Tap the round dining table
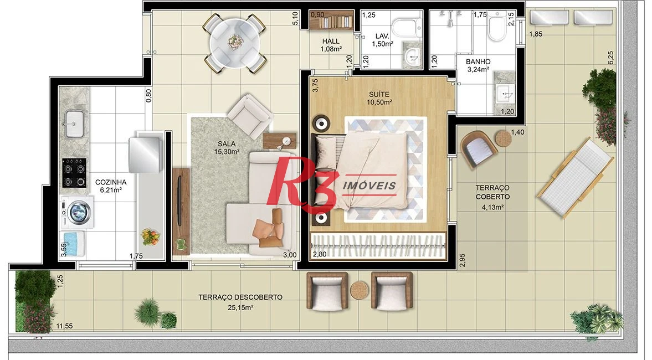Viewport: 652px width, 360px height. (235, 43)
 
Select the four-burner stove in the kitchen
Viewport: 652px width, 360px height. (75, 173)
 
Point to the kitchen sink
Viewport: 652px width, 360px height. (74, 124)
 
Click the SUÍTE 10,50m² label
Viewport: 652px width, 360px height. (379, 98)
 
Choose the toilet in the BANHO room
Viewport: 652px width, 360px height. (497, 26)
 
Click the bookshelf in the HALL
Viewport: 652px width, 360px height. (331, 20)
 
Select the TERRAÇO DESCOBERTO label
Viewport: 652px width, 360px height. (240, 297)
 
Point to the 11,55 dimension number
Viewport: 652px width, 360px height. (64, 326)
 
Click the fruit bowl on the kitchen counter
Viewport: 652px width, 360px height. (150, 236)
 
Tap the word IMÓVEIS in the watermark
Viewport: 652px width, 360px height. (369, 186)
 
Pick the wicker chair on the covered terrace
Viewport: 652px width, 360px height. (478, 149)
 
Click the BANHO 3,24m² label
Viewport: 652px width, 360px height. (478, 66)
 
